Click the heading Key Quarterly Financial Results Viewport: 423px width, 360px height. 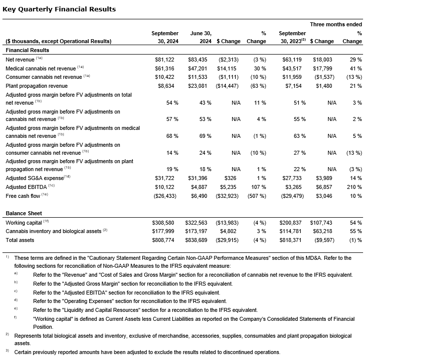(x=59, y=9)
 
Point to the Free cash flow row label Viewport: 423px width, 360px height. (x=23, y=195)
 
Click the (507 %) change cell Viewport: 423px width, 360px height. (x=256, y=195)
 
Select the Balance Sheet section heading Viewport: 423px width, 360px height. (x=23, y=213)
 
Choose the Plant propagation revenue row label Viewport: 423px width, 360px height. (x=36, y=86)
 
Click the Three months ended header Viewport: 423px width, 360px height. (x=336, y=24)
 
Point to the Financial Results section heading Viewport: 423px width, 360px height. (x=27, y=50)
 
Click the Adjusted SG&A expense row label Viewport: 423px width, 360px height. (x=35, y=178)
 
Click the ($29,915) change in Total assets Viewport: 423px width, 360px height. (x=228, y=240)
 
